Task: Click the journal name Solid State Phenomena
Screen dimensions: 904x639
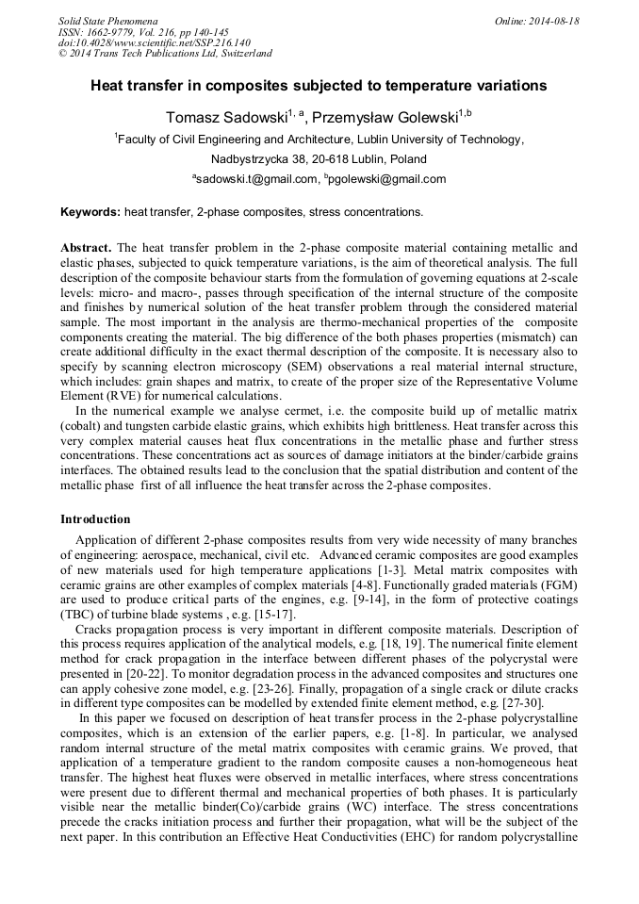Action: [x=107, y=21]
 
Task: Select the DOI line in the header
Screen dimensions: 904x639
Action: [x=155, y=42]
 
